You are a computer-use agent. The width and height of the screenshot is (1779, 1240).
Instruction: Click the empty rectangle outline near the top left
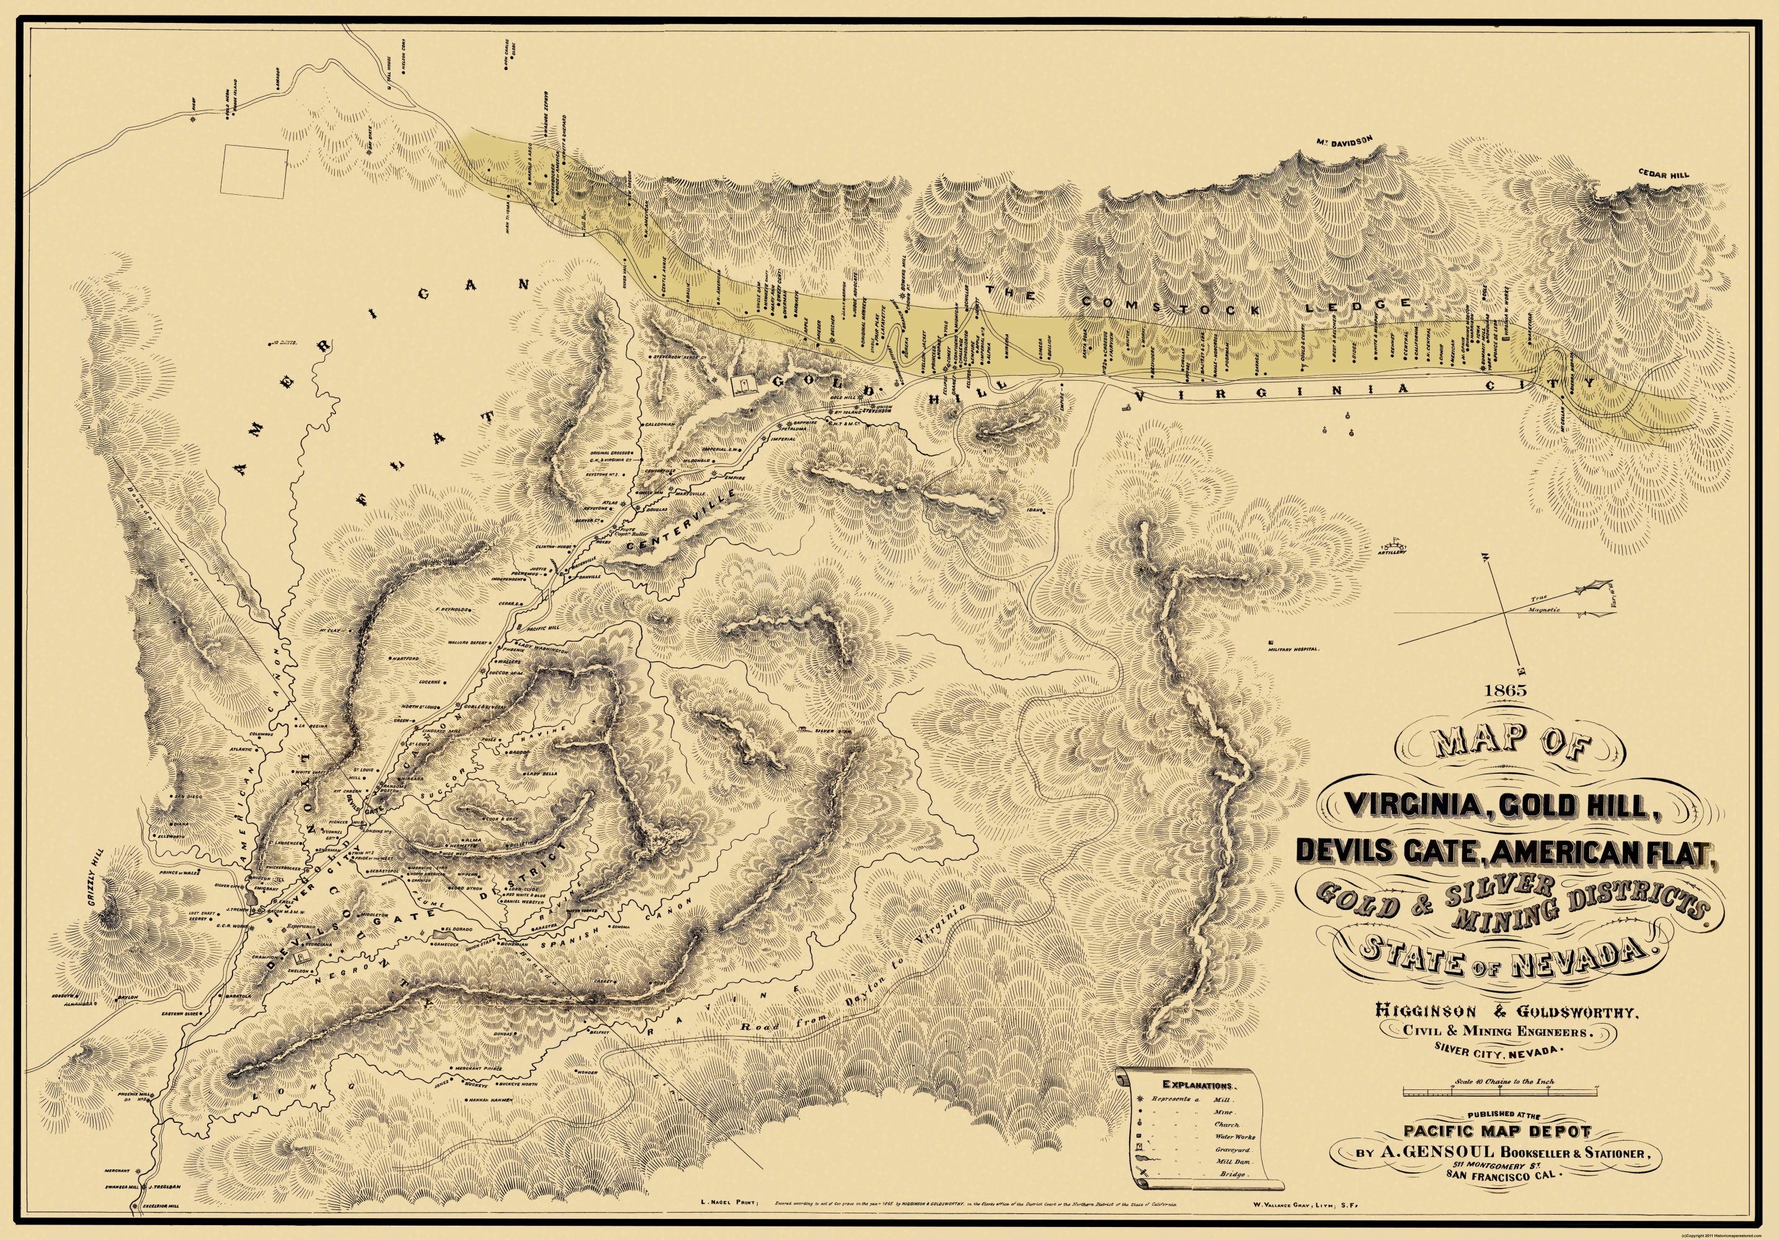pos(255,180)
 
